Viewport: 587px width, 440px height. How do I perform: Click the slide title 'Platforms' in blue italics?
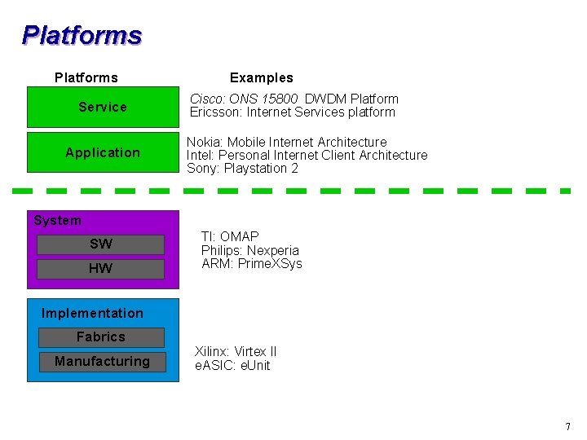[x=82, y=35]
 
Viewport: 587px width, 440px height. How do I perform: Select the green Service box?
[x=103, y=107]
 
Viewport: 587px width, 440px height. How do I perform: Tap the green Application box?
[x=103, y=152]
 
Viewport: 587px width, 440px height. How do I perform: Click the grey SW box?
[x=101, y=244]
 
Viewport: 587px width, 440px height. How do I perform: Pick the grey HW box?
[x=101, y=269]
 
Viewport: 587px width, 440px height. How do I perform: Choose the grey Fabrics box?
[x=101, y=337]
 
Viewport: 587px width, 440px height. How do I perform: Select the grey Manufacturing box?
[x=102, y=361]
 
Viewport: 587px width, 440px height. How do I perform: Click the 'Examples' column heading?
[x=261, y=77]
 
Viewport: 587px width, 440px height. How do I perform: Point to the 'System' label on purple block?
[x=57, y=220]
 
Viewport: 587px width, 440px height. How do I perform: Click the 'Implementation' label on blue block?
[x=92, y=313]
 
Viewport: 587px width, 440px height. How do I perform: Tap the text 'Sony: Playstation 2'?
[x=242, y=168]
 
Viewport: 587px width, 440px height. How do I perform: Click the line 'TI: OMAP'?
[x=230, y=236]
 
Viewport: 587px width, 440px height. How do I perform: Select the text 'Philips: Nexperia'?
[x=250, y=250]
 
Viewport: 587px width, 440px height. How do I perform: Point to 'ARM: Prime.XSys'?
[x=252, y=263]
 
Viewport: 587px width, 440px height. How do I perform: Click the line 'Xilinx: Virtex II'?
[x=236, y=351]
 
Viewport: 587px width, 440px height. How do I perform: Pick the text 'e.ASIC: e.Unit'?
[x=232, y=365]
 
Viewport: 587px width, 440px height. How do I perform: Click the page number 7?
[x=567, y=427]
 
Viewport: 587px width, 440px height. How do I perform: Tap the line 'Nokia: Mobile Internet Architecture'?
[x=286, y=142]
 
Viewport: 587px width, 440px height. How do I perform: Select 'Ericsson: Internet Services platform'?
[x=292, y=112]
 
